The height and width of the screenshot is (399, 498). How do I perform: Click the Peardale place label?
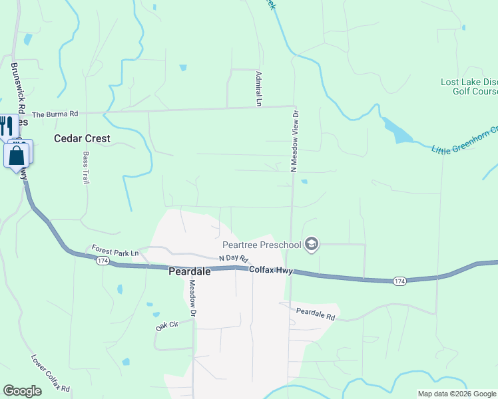[x=189, y=272]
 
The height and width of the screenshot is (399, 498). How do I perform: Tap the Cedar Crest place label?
[x=82, y=139]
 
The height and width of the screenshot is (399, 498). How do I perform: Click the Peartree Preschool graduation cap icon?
[x=311, y=245]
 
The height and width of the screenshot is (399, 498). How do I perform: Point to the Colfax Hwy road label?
[x=272, y=270]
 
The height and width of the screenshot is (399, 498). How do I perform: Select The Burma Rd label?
[x=55, y=114]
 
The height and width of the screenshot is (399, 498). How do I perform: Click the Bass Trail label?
[x=85, y=168]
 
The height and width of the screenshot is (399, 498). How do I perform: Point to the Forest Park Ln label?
[x=115, y=252]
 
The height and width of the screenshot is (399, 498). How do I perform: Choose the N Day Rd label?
[x=233, y=258]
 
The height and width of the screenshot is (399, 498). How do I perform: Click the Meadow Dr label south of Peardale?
[x=192, y=297]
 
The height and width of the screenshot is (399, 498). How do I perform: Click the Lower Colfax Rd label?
[x=50, y=372]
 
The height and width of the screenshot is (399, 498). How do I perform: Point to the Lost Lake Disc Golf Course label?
[x=469, y=86]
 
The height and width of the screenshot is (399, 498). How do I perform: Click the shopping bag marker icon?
[x=17, y=156]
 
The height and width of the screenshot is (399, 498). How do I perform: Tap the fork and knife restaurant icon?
[x=7, y=124]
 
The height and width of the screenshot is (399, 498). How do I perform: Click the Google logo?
[x=22, y=391]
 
